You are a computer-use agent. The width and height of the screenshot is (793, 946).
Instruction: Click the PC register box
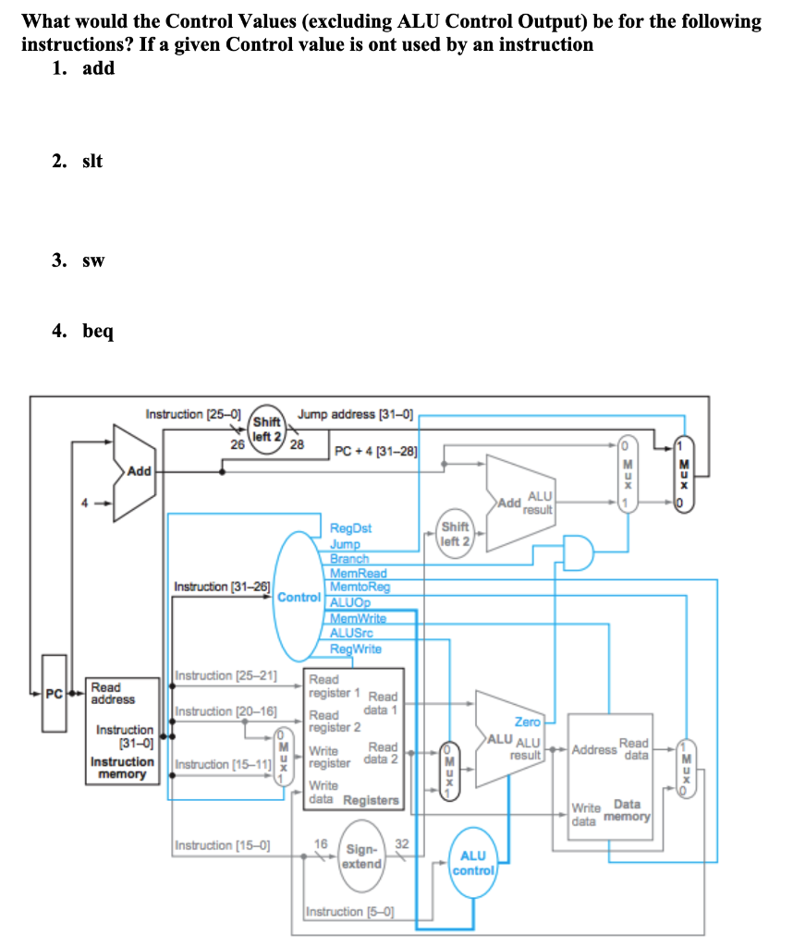pyautogui.click(x=55, y=693)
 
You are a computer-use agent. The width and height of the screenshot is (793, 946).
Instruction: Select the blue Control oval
pyautogui.click(x=299, y=596)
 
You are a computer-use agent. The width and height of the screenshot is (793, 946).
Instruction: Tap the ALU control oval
pyautogui.click(x=475, y=864)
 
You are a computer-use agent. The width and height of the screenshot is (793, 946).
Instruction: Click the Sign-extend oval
pyautogui.click(x=361, y=856)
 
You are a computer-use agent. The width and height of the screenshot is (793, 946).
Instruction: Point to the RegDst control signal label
pyautogui.click(x=350, y=529)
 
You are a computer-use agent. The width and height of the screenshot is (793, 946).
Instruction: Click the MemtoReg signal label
pyautogui.click(x=360, y=587)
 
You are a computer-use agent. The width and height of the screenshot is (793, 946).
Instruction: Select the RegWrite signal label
pyautogui.click(x=356, y=649)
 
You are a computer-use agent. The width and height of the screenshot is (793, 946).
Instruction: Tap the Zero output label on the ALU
pyautogui.click(x=528, y=721)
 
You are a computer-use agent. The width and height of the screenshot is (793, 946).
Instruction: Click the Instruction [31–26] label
pyautogui.click(x=222, y=587)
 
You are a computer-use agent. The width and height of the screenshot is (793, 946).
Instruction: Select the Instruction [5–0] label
pyautogui.click(x=348, y=912)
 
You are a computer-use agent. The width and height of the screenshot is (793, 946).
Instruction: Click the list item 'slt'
pyautogui.click(x=91, y=161)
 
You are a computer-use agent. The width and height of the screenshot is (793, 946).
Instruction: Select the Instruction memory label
pyautogui.click(x=122, y=767)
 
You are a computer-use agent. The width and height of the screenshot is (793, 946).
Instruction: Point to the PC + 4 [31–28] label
pyautogui.click(x=375, y=452)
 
